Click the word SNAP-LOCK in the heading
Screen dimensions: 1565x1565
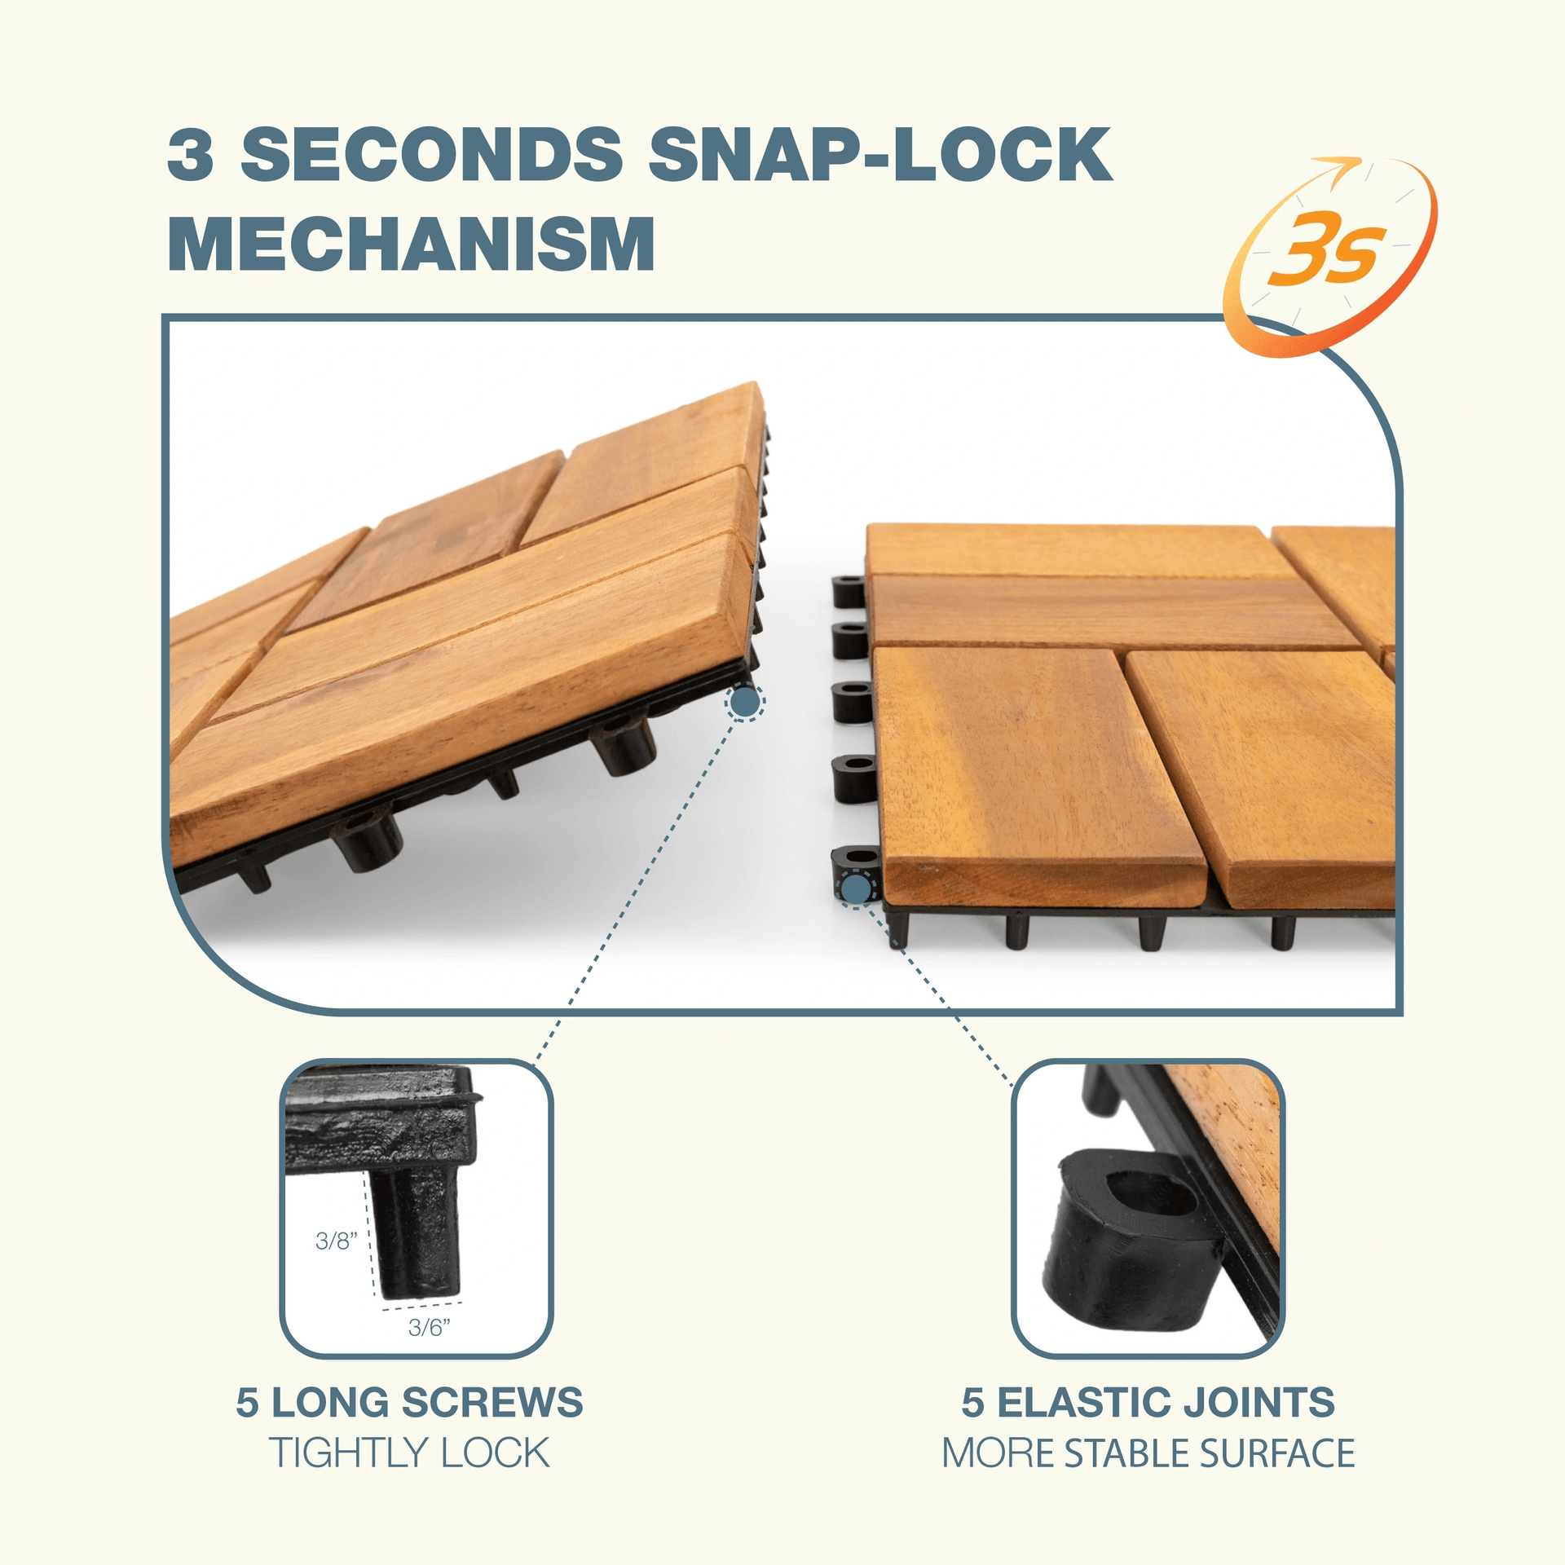(880, 155)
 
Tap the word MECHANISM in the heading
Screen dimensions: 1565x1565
(412, 244)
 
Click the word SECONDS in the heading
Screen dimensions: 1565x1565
(432, 155)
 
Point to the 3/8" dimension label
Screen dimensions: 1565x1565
(337, 1241)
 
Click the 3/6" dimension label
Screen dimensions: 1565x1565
(429, 1328)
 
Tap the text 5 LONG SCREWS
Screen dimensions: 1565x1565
(409, 1402)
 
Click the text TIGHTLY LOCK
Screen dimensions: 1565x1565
(409, 1453)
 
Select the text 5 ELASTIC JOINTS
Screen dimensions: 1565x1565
(1148, 1402)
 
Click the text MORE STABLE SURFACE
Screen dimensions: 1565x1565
(1148, 1453)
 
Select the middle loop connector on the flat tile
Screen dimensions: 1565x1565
(851, 701)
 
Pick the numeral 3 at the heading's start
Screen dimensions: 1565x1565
(191, 155)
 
